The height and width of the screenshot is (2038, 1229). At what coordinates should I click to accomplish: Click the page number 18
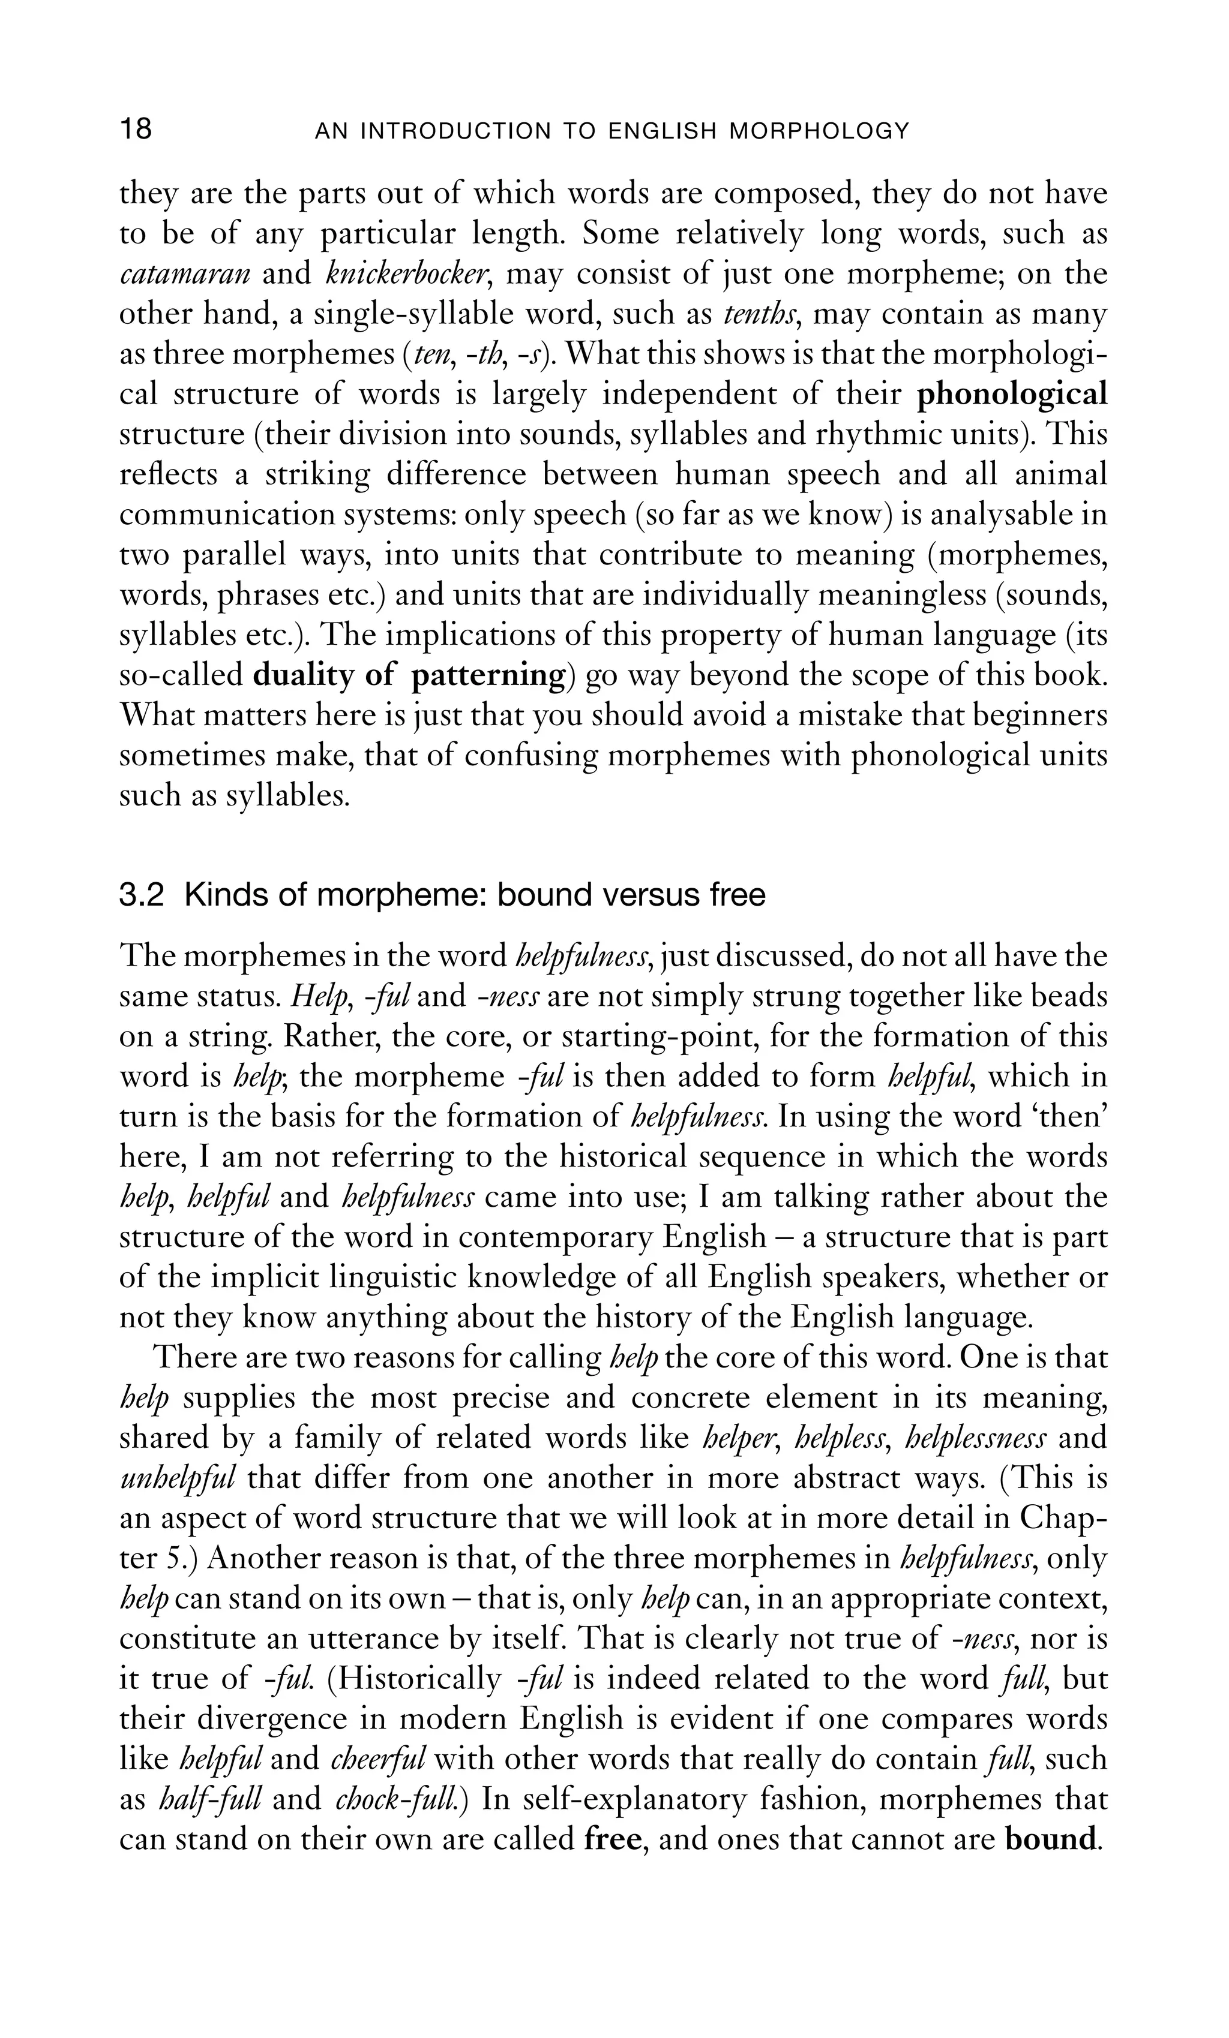(x=136, y=130)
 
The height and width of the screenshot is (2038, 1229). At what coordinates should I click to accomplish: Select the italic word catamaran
(x=185, y=273)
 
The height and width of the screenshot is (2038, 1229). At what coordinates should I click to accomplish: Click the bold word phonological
(x=1011, y=395)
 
